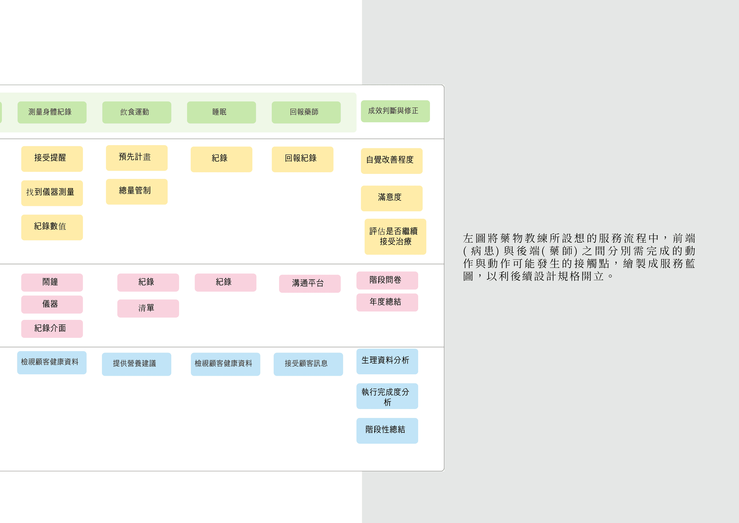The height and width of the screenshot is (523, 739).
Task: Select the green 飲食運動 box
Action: click(x=137, y=112)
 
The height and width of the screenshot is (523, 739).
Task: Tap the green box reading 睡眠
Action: click(x=221, y=112)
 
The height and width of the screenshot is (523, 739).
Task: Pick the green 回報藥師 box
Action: click(x=306, y=112)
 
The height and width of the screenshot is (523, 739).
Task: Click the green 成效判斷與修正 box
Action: click(x=395, y=111)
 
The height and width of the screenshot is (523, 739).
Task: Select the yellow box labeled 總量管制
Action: click(x=137, y=191)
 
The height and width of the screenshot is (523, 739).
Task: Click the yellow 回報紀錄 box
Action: click(x=302, y=159)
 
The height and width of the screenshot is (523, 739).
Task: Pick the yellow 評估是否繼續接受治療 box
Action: click(x=395, y=237)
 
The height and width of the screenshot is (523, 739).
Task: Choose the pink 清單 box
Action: click(x=148, y=308)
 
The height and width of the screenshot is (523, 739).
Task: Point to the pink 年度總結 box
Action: click(x=387, y=302)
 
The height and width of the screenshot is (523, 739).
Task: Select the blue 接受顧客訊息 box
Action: click(x=308, y=364)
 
